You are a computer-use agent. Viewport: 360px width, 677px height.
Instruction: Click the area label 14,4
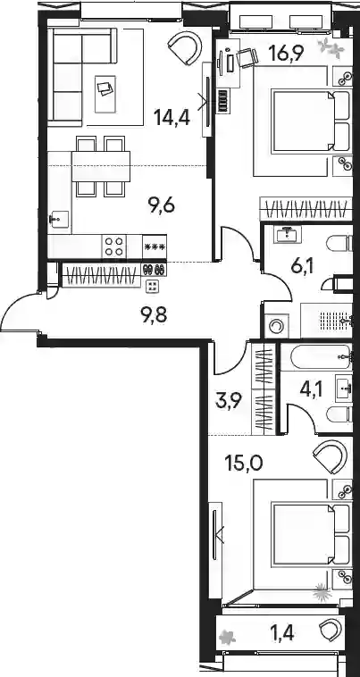coord(172,117)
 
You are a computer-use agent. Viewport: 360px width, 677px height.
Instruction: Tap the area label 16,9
coord(286,54)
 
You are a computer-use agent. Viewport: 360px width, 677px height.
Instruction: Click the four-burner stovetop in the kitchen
coord(114,247)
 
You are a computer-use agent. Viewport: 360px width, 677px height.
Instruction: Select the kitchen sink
coord(59,219)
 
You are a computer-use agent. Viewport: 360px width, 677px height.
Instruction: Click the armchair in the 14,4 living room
coord(185,49)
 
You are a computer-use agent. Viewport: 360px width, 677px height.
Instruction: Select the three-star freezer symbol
coord(155,247)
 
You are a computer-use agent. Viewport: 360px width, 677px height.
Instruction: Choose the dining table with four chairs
coord(101,166)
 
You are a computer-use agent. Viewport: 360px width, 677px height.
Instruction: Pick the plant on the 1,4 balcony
coord(226,637)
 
